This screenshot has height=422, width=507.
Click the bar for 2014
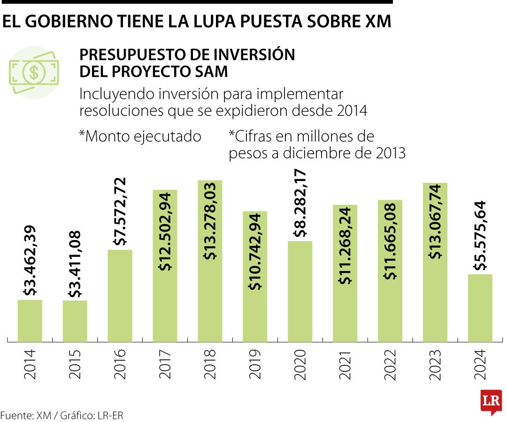point(30,321)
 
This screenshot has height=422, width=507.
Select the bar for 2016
point(120,296)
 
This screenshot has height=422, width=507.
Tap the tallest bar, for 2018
point(210,261)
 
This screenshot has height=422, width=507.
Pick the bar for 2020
point(300,291)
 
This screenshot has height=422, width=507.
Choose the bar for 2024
point(480,308)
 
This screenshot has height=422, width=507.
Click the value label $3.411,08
point(75,264)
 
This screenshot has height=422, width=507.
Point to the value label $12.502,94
point(165,232)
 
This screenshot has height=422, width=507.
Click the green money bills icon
point(34,72)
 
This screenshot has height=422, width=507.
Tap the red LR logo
point(491,401)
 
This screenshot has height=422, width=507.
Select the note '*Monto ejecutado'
point(140,136)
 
